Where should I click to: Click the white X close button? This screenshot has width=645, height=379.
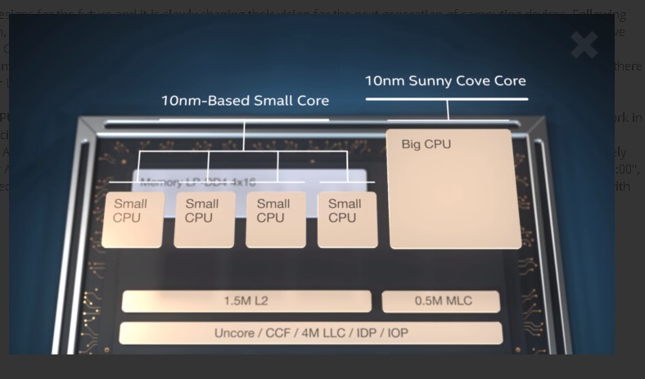tap(584, 45)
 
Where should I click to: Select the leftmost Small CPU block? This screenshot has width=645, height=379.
tap(133, 219)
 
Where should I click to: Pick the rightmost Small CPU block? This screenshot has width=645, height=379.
tap(347, 219)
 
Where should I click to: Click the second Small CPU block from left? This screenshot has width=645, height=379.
tap(204, 219)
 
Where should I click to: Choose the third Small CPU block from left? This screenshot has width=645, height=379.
tap(276, 219)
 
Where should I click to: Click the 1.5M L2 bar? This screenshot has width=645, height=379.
tap(246, 301)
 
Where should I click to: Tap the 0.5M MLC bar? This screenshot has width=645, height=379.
tap(440, 301)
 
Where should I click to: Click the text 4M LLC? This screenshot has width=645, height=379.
tap(322, 333)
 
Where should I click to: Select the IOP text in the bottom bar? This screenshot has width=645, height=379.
tap(397, 333)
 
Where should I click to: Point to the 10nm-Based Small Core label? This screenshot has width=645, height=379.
tap(245, 101)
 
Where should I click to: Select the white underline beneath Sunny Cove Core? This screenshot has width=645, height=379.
tap(446, 99)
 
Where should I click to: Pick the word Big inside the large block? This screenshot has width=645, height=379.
tap(412, 145)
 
